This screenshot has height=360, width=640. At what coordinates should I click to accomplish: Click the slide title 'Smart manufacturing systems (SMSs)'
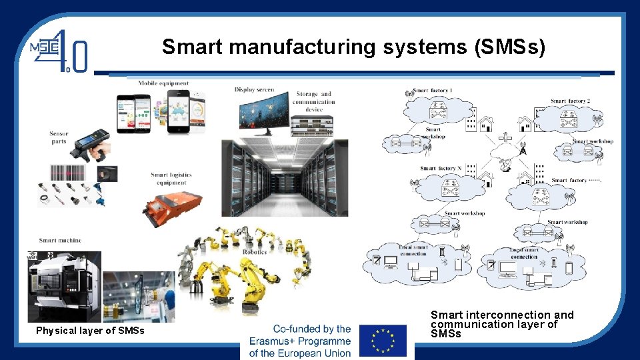point(353,47)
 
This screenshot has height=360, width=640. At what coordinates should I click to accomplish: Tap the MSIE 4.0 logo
point(59,49)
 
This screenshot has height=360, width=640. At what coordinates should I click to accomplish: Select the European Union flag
point(383,341)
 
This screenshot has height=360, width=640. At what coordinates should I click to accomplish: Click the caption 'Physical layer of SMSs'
point(90,331)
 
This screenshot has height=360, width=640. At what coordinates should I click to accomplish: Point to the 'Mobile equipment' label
point(163,83)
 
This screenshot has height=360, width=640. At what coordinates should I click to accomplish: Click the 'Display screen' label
point(254,90)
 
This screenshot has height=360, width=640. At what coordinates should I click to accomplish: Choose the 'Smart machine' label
point(60,240)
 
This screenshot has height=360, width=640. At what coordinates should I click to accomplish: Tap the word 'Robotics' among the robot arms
point(255,252)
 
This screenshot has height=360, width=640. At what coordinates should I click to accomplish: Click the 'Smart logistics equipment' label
point(171,179)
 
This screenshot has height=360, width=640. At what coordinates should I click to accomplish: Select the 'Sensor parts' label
point(59,137)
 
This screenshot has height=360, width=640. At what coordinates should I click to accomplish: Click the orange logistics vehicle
point(172,205)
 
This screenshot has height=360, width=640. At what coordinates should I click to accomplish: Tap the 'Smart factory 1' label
point(433,91)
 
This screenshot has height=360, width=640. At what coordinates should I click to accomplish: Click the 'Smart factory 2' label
point(570,101)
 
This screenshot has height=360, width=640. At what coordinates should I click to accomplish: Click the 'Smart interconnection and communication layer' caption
point(501,323)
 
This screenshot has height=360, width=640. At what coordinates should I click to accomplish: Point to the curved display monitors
point(264,111)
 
